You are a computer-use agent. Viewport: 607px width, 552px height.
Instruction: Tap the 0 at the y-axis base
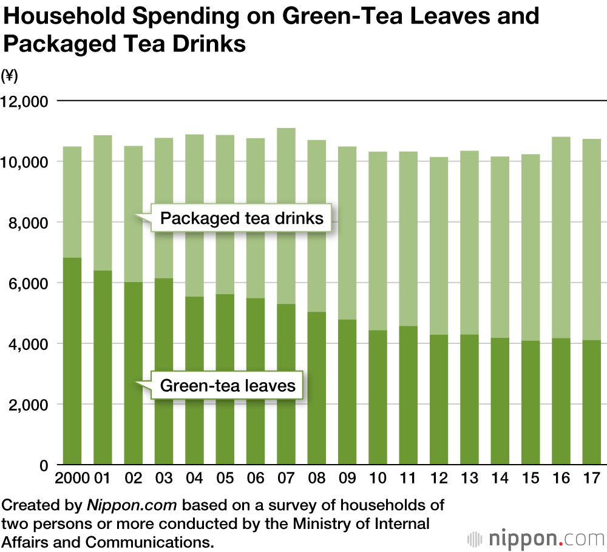[x=44, y=465]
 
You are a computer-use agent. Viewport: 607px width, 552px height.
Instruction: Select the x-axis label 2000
[x=72, y=478]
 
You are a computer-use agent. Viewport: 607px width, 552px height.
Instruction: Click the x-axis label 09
[x=347, y=478]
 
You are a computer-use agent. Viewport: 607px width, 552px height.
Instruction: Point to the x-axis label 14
[x=500, y=478]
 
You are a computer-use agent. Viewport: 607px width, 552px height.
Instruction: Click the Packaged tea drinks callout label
[x=242, y=218]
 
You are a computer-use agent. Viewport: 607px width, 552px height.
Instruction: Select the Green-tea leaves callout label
[x=228, y=386]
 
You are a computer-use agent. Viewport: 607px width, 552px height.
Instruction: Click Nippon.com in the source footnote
[x=132, y=505]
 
